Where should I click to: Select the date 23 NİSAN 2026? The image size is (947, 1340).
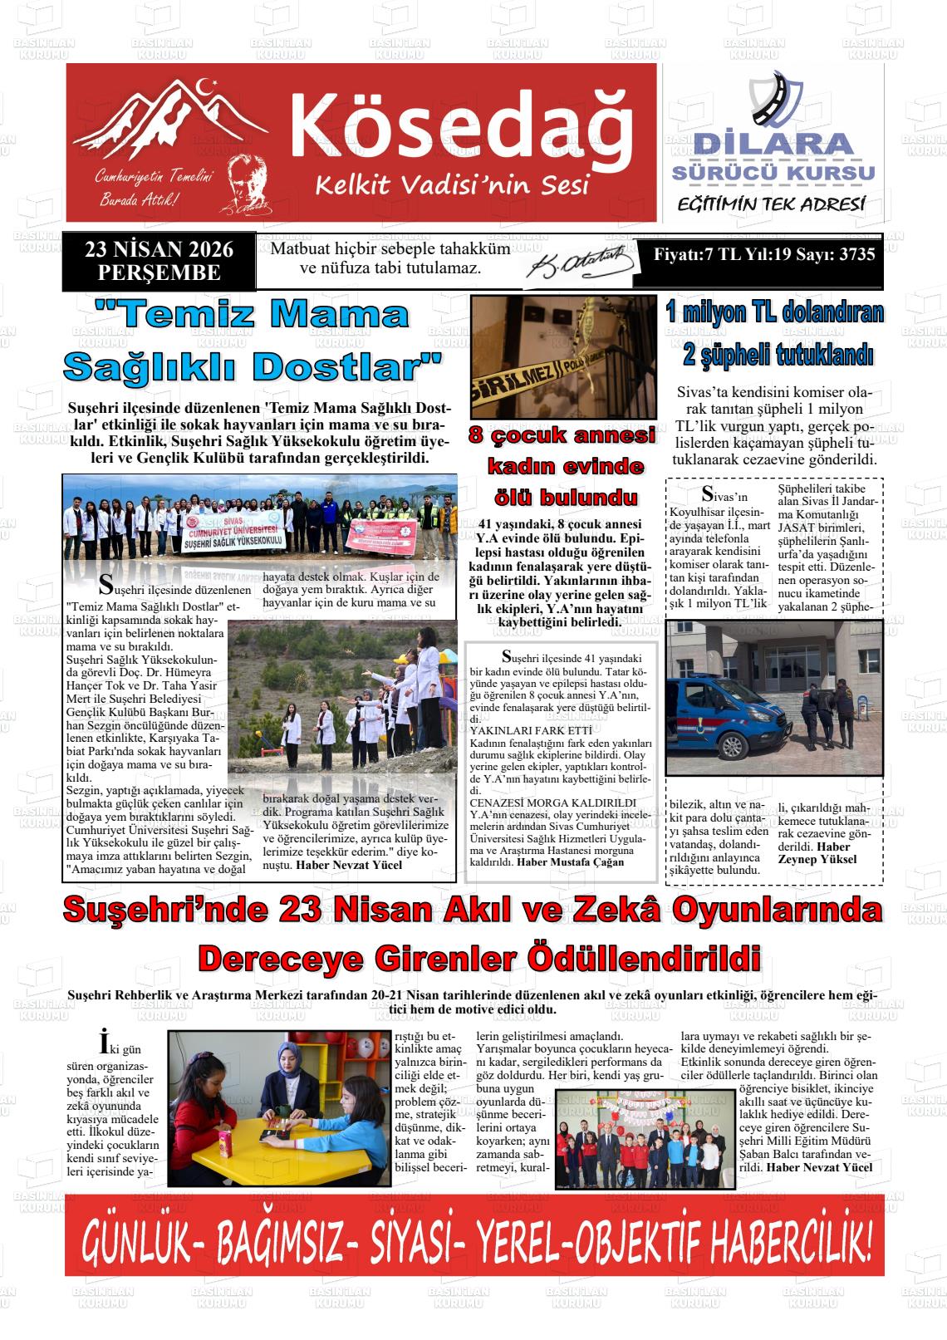[159, 249]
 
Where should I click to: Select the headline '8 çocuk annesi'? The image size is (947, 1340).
[562, 435]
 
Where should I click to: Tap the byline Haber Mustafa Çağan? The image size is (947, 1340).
[570, 861]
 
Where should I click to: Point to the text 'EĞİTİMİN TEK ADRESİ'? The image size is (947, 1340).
[772, 204]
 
